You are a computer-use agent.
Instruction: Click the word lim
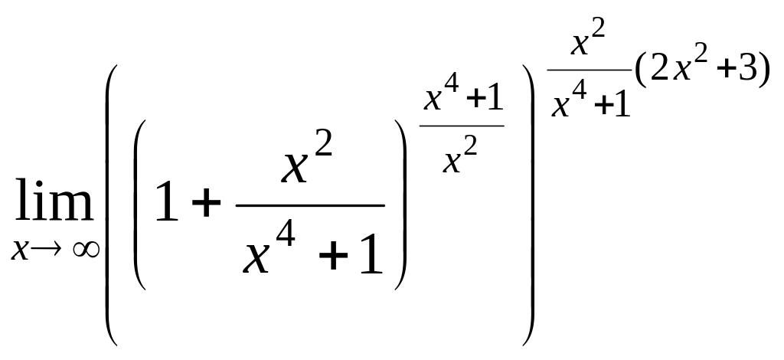click(51, 204)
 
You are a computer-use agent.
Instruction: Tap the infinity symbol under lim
click(86, 250)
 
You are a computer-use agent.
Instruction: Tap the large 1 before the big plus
click(168, 202)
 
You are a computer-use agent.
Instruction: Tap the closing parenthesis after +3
click(763, 71)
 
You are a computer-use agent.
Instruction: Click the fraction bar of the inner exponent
click(462, 125)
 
